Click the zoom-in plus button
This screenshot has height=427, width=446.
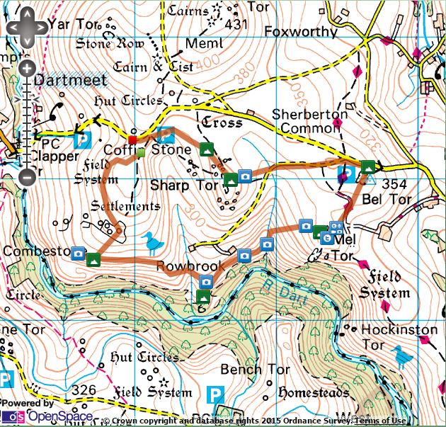coord(26,69)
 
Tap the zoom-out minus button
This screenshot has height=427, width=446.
coord(26,176)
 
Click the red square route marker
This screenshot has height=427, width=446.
coord(132,140)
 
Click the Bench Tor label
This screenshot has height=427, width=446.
coord(255,370)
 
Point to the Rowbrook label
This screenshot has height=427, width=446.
coord(190,267)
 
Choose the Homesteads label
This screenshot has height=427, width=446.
coord(314,392)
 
